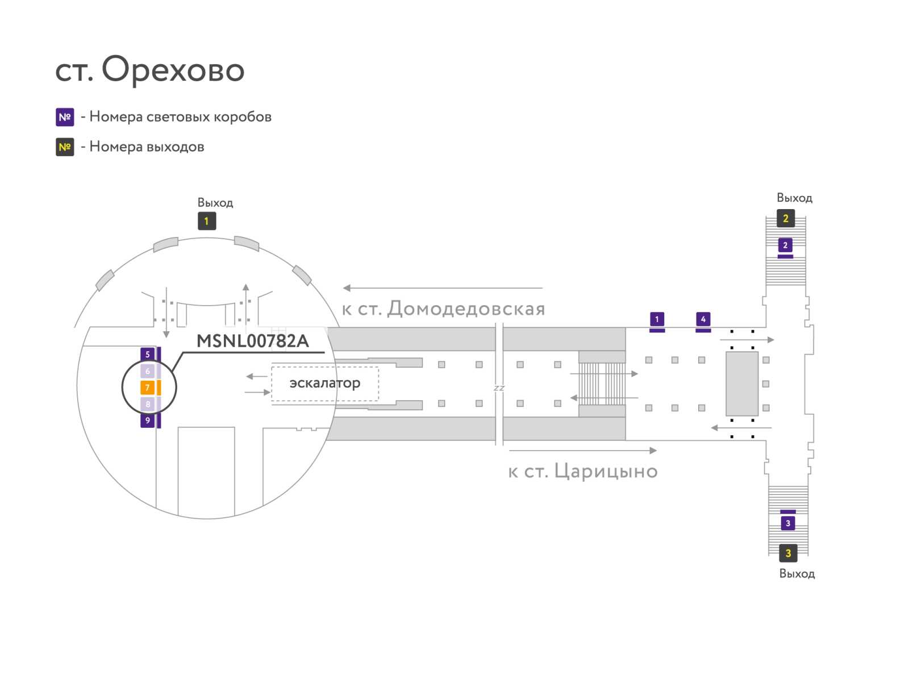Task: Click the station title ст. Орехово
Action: pyautogui.click(x=149, y=70)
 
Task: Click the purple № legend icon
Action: pyautogui.click(x=65, y=117)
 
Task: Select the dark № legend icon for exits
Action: pyautogui.click(x=65, y=147)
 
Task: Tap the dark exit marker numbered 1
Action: pyautogui.click(x=207, y=221)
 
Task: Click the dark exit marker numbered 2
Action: pyautogui.click(x=786, y=219)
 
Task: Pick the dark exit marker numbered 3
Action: pyautogui.click(x=788, y=553)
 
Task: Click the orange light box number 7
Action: pyautogui.click(x=147, y=388)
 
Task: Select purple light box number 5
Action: pyautogui.click(x=147, y=355)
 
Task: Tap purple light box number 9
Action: pyautogui.click(x=147, y=421)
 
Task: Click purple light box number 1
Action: pyautogui.click(x=657, y=319)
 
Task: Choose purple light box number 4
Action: pyautogui.click(x=703, y=319)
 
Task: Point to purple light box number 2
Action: pyautogui.click(x=785, y=245)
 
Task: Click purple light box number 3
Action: pyautogui.click(x=788, y=523)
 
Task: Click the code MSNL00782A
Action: pyautogui.click(x=253, y=341)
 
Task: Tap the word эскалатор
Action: pyautogui.click(x=324, y=383)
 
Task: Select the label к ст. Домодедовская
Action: pyautogui.click(x=443, y=309)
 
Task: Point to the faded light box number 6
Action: pyautogui.click(x=147, y=371)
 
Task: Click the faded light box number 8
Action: pyautogui.click(x=147, y=404)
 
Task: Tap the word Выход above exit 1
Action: pyautogui.click(x=215, y=203)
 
